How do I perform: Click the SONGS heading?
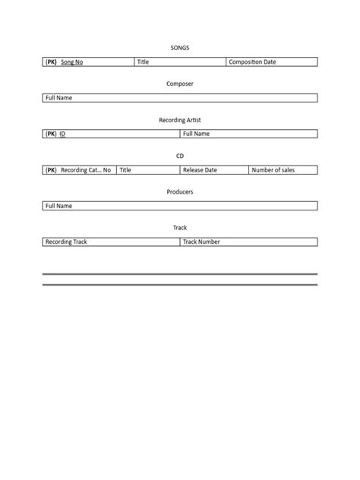pos(180,48)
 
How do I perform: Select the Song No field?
pos(72,62)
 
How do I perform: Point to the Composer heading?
pos(180,84)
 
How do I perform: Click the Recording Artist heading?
pos(180,120)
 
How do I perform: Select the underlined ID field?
pos(63,134)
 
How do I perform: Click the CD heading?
pos(180,156)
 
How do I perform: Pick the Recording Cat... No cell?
pos(86,170)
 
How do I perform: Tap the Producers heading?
pos(180,192)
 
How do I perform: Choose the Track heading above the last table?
pos(180,228)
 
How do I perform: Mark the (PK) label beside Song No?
pos(51,62)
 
